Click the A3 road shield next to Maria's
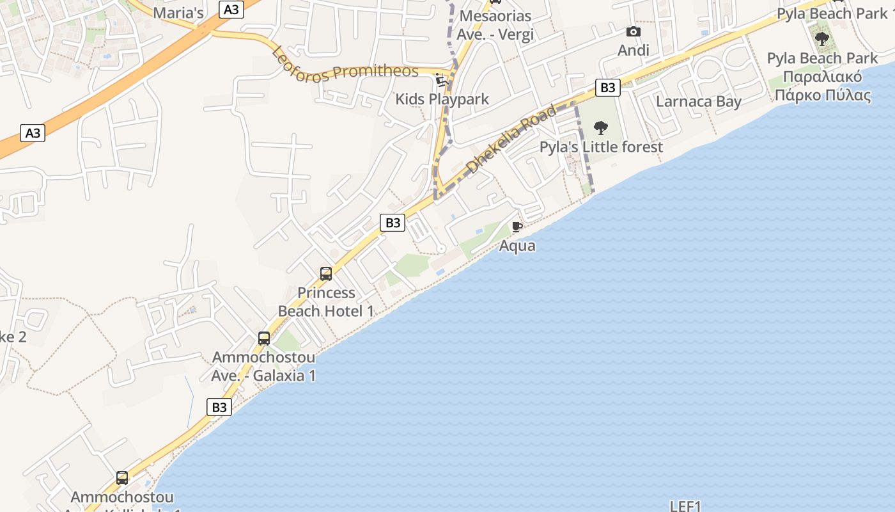click(232, 9)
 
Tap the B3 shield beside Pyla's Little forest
click(607, 88)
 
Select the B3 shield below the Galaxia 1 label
click(219, 407)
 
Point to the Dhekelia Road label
click(511, 140)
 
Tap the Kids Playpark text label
click(442, 99)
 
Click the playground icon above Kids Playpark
click(441, 80)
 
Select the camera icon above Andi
click(633, 31)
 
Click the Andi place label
click(634, 50)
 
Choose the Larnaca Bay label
click(699, 102)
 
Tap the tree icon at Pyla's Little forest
click(601, 128)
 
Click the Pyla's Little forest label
click(601, 147)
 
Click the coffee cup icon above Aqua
click(517, 227)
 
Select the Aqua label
click(517, 246)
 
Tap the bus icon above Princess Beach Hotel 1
click(326, 274)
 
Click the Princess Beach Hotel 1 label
click(326, 302)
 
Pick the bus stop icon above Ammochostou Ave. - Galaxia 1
click(264, 339)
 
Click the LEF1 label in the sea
click(686, 506)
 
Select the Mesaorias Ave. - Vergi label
click(495, 25)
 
